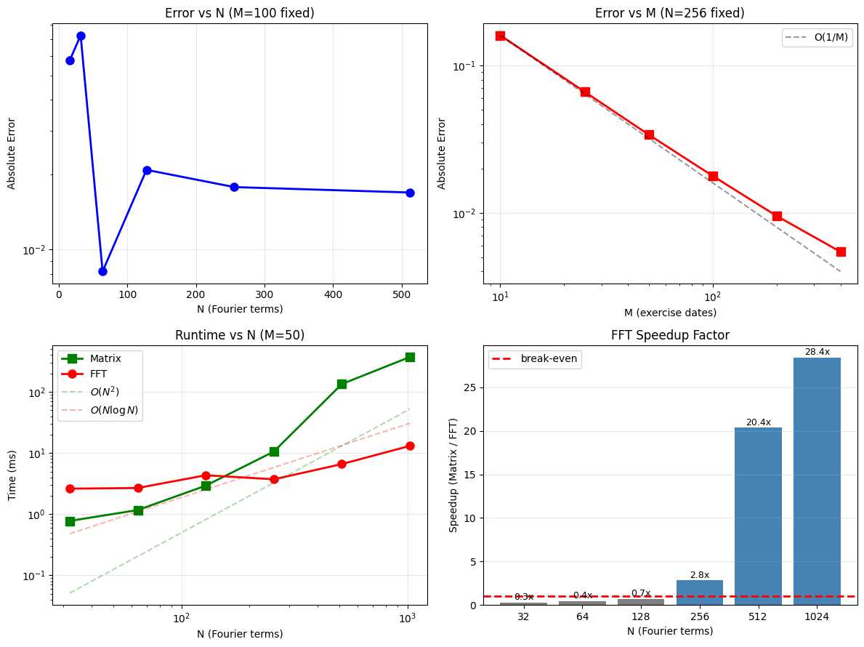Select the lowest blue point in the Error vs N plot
pos(102,271)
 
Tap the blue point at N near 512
pos(410,193)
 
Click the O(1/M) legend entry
pos(816,38)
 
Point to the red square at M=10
pos(500,36)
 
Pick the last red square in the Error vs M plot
pos(841,252)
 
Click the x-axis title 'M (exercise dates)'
pos(671,313)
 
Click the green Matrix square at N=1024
pos(410,357)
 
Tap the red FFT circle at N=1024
pos(410,446)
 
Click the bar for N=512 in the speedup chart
pos(758,516)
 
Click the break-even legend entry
pos(536,359)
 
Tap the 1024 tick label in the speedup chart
pos(817,616)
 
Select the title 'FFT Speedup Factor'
pos(671,335)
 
